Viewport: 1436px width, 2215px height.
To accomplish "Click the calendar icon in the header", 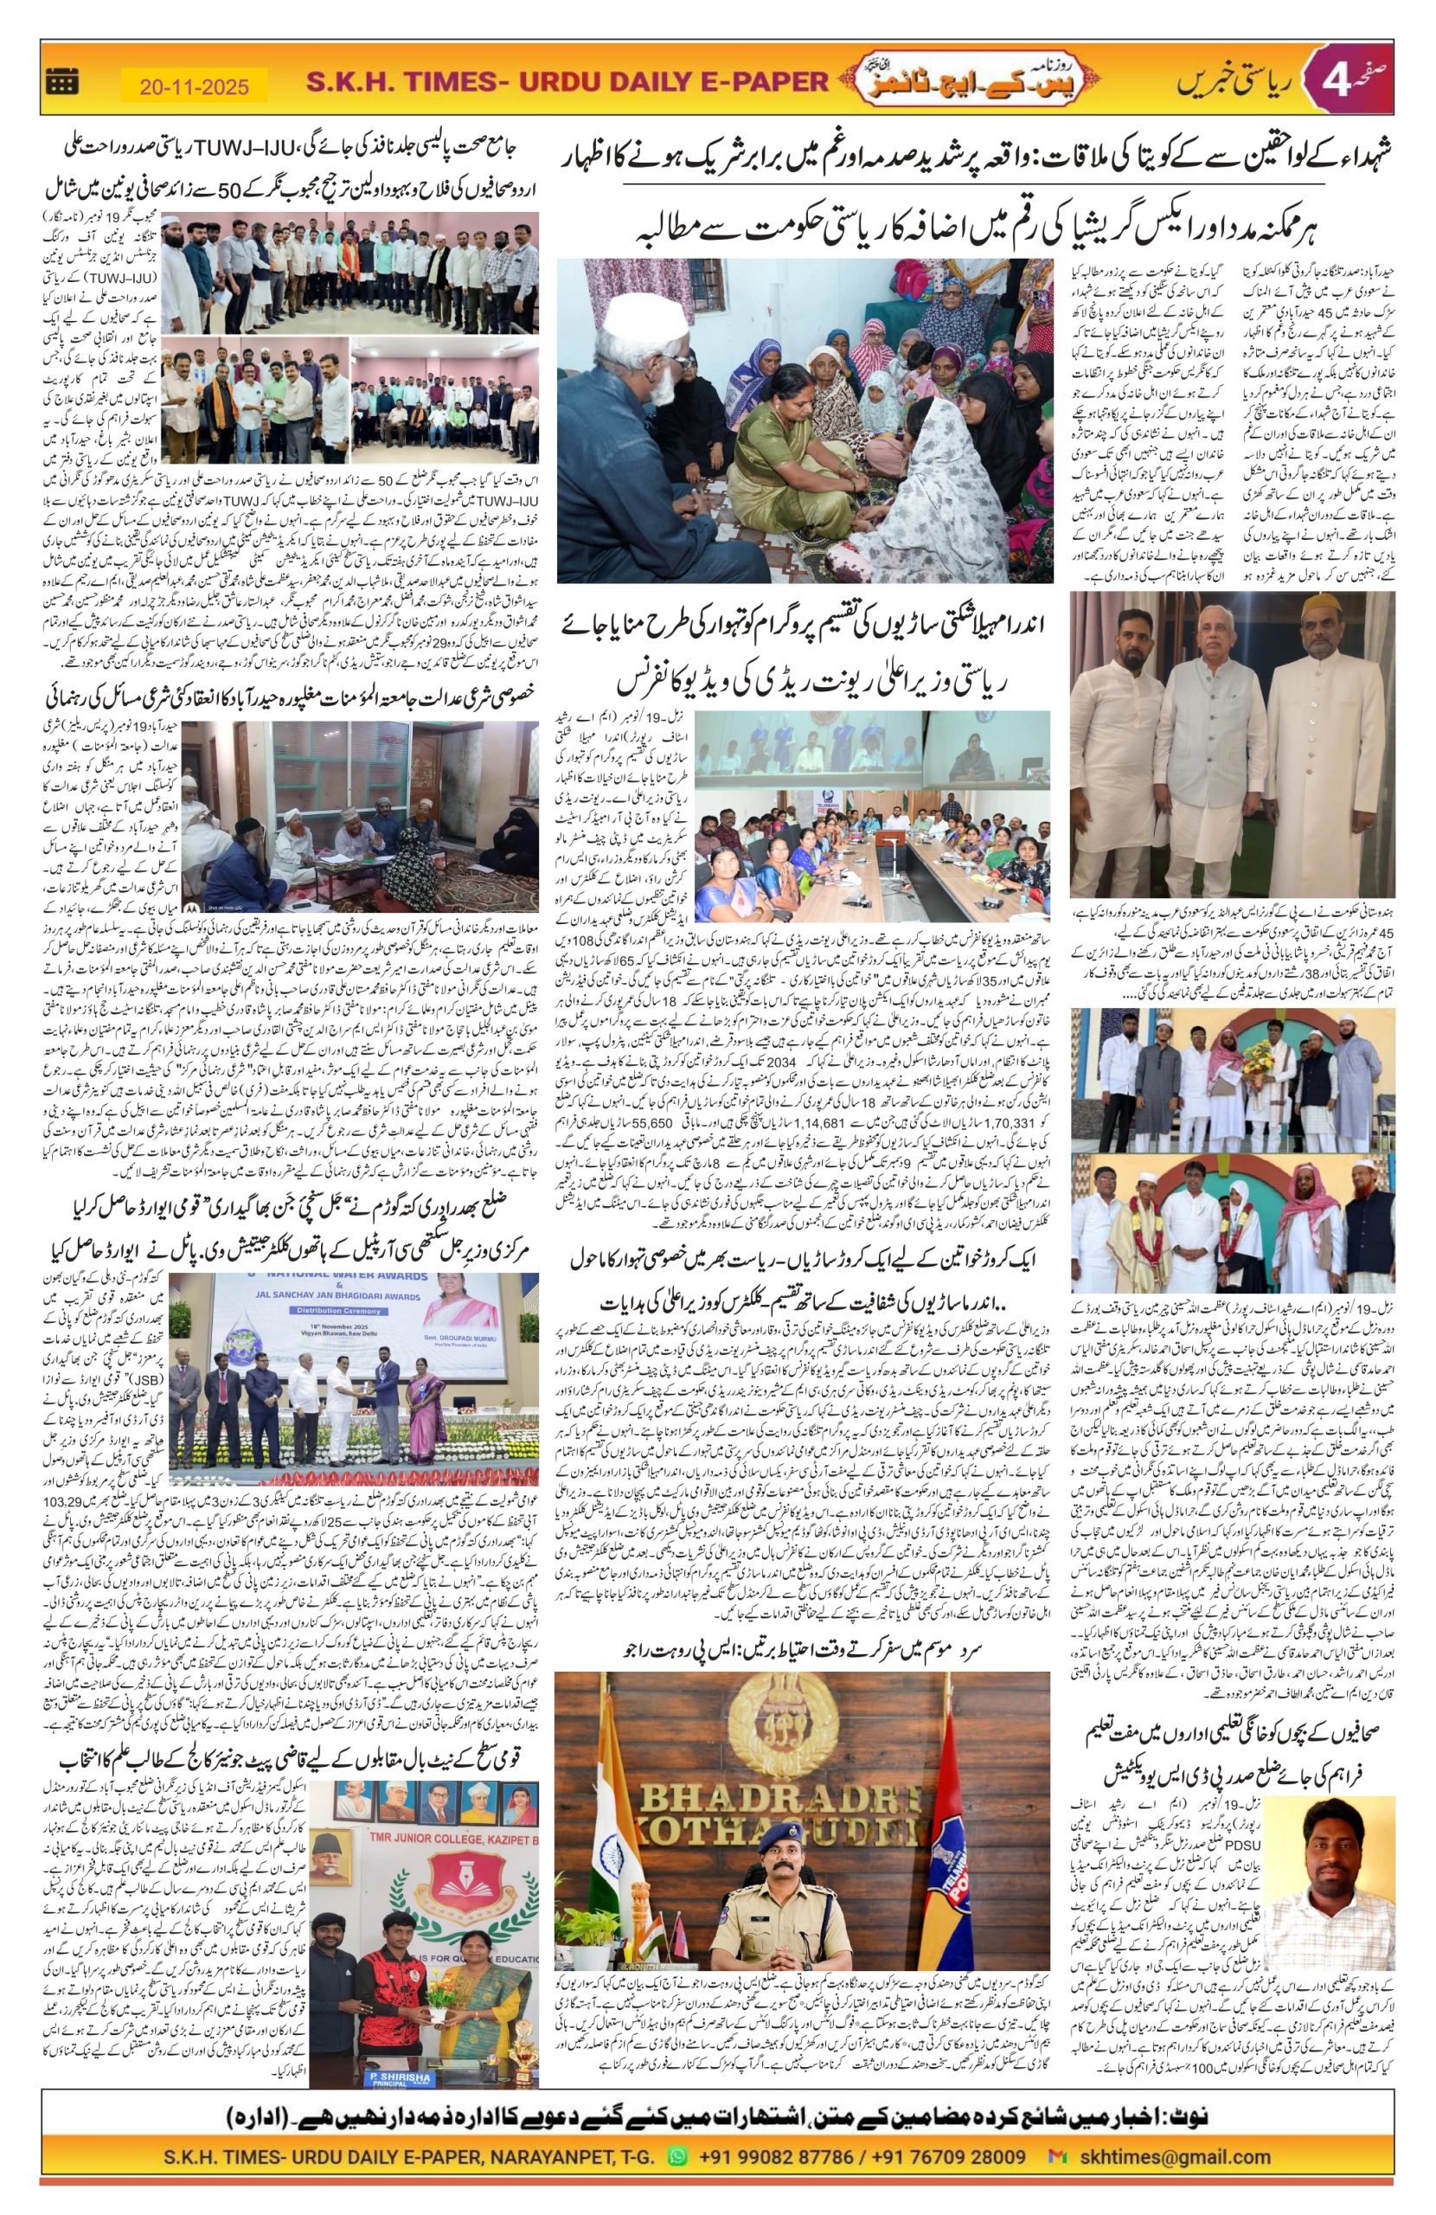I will [62, 84].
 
